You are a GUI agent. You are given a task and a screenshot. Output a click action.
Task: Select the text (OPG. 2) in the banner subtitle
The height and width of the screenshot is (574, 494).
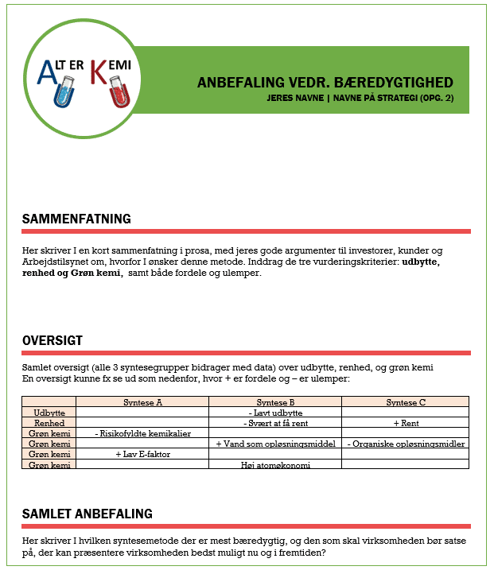point(445,98)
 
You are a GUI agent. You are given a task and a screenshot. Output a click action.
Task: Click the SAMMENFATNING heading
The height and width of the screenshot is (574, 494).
point(76,219)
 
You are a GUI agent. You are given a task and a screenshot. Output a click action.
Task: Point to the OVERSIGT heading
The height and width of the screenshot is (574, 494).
point(52,341)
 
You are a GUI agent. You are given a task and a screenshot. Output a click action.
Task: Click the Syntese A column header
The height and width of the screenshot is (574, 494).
point(142,402)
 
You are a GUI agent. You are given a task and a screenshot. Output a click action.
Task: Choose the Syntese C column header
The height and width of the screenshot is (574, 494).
point(405,402)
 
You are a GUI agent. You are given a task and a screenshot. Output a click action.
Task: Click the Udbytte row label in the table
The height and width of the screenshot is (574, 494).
point(49,413)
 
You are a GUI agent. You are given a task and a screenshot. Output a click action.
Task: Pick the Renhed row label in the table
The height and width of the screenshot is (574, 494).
point(49,423)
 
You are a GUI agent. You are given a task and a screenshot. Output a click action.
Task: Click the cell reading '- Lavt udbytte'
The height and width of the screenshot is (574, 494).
point(275,413)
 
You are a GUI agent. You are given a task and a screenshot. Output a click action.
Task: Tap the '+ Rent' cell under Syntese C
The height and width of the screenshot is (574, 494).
point(405,423)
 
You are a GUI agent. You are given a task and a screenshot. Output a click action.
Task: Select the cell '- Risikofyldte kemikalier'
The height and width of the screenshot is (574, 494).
point(142,433)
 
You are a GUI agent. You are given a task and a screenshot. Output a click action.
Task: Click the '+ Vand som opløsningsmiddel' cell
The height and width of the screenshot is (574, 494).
point(275,444)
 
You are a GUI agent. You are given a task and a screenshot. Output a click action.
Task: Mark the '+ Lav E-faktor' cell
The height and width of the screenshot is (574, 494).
point(142,454)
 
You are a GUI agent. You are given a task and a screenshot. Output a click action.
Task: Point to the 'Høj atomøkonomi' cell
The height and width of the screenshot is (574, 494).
point(275,465)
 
